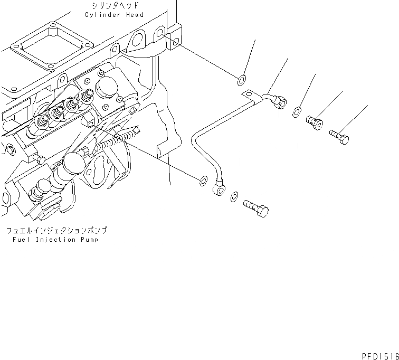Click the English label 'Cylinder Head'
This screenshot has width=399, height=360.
(114, 15)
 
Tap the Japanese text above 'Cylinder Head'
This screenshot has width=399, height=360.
(114, 6)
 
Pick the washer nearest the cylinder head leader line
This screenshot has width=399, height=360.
(240, 80)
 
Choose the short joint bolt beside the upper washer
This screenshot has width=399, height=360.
(315, 122)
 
